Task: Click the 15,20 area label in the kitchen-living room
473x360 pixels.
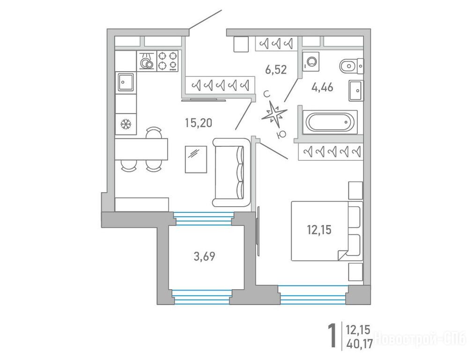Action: (198, 123)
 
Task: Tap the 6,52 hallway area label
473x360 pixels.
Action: (276, 70)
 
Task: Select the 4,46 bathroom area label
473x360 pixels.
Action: (323, 88)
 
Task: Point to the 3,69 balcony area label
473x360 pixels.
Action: (204, 256)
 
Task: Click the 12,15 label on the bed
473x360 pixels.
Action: (319, 230)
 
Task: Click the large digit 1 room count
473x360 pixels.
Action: (332, 335)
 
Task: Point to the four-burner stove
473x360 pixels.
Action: (167, 61)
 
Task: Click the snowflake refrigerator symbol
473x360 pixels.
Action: (125, 124)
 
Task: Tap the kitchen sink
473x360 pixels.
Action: (126, 82)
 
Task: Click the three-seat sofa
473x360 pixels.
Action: (232, 172)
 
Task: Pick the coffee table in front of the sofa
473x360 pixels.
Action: (196, 159)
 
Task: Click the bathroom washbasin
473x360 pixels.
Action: (356, 90)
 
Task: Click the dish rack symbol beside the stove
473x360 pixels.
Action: (147, 61)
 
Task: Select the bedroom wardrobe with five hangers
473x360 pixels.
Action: (331, 151)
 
